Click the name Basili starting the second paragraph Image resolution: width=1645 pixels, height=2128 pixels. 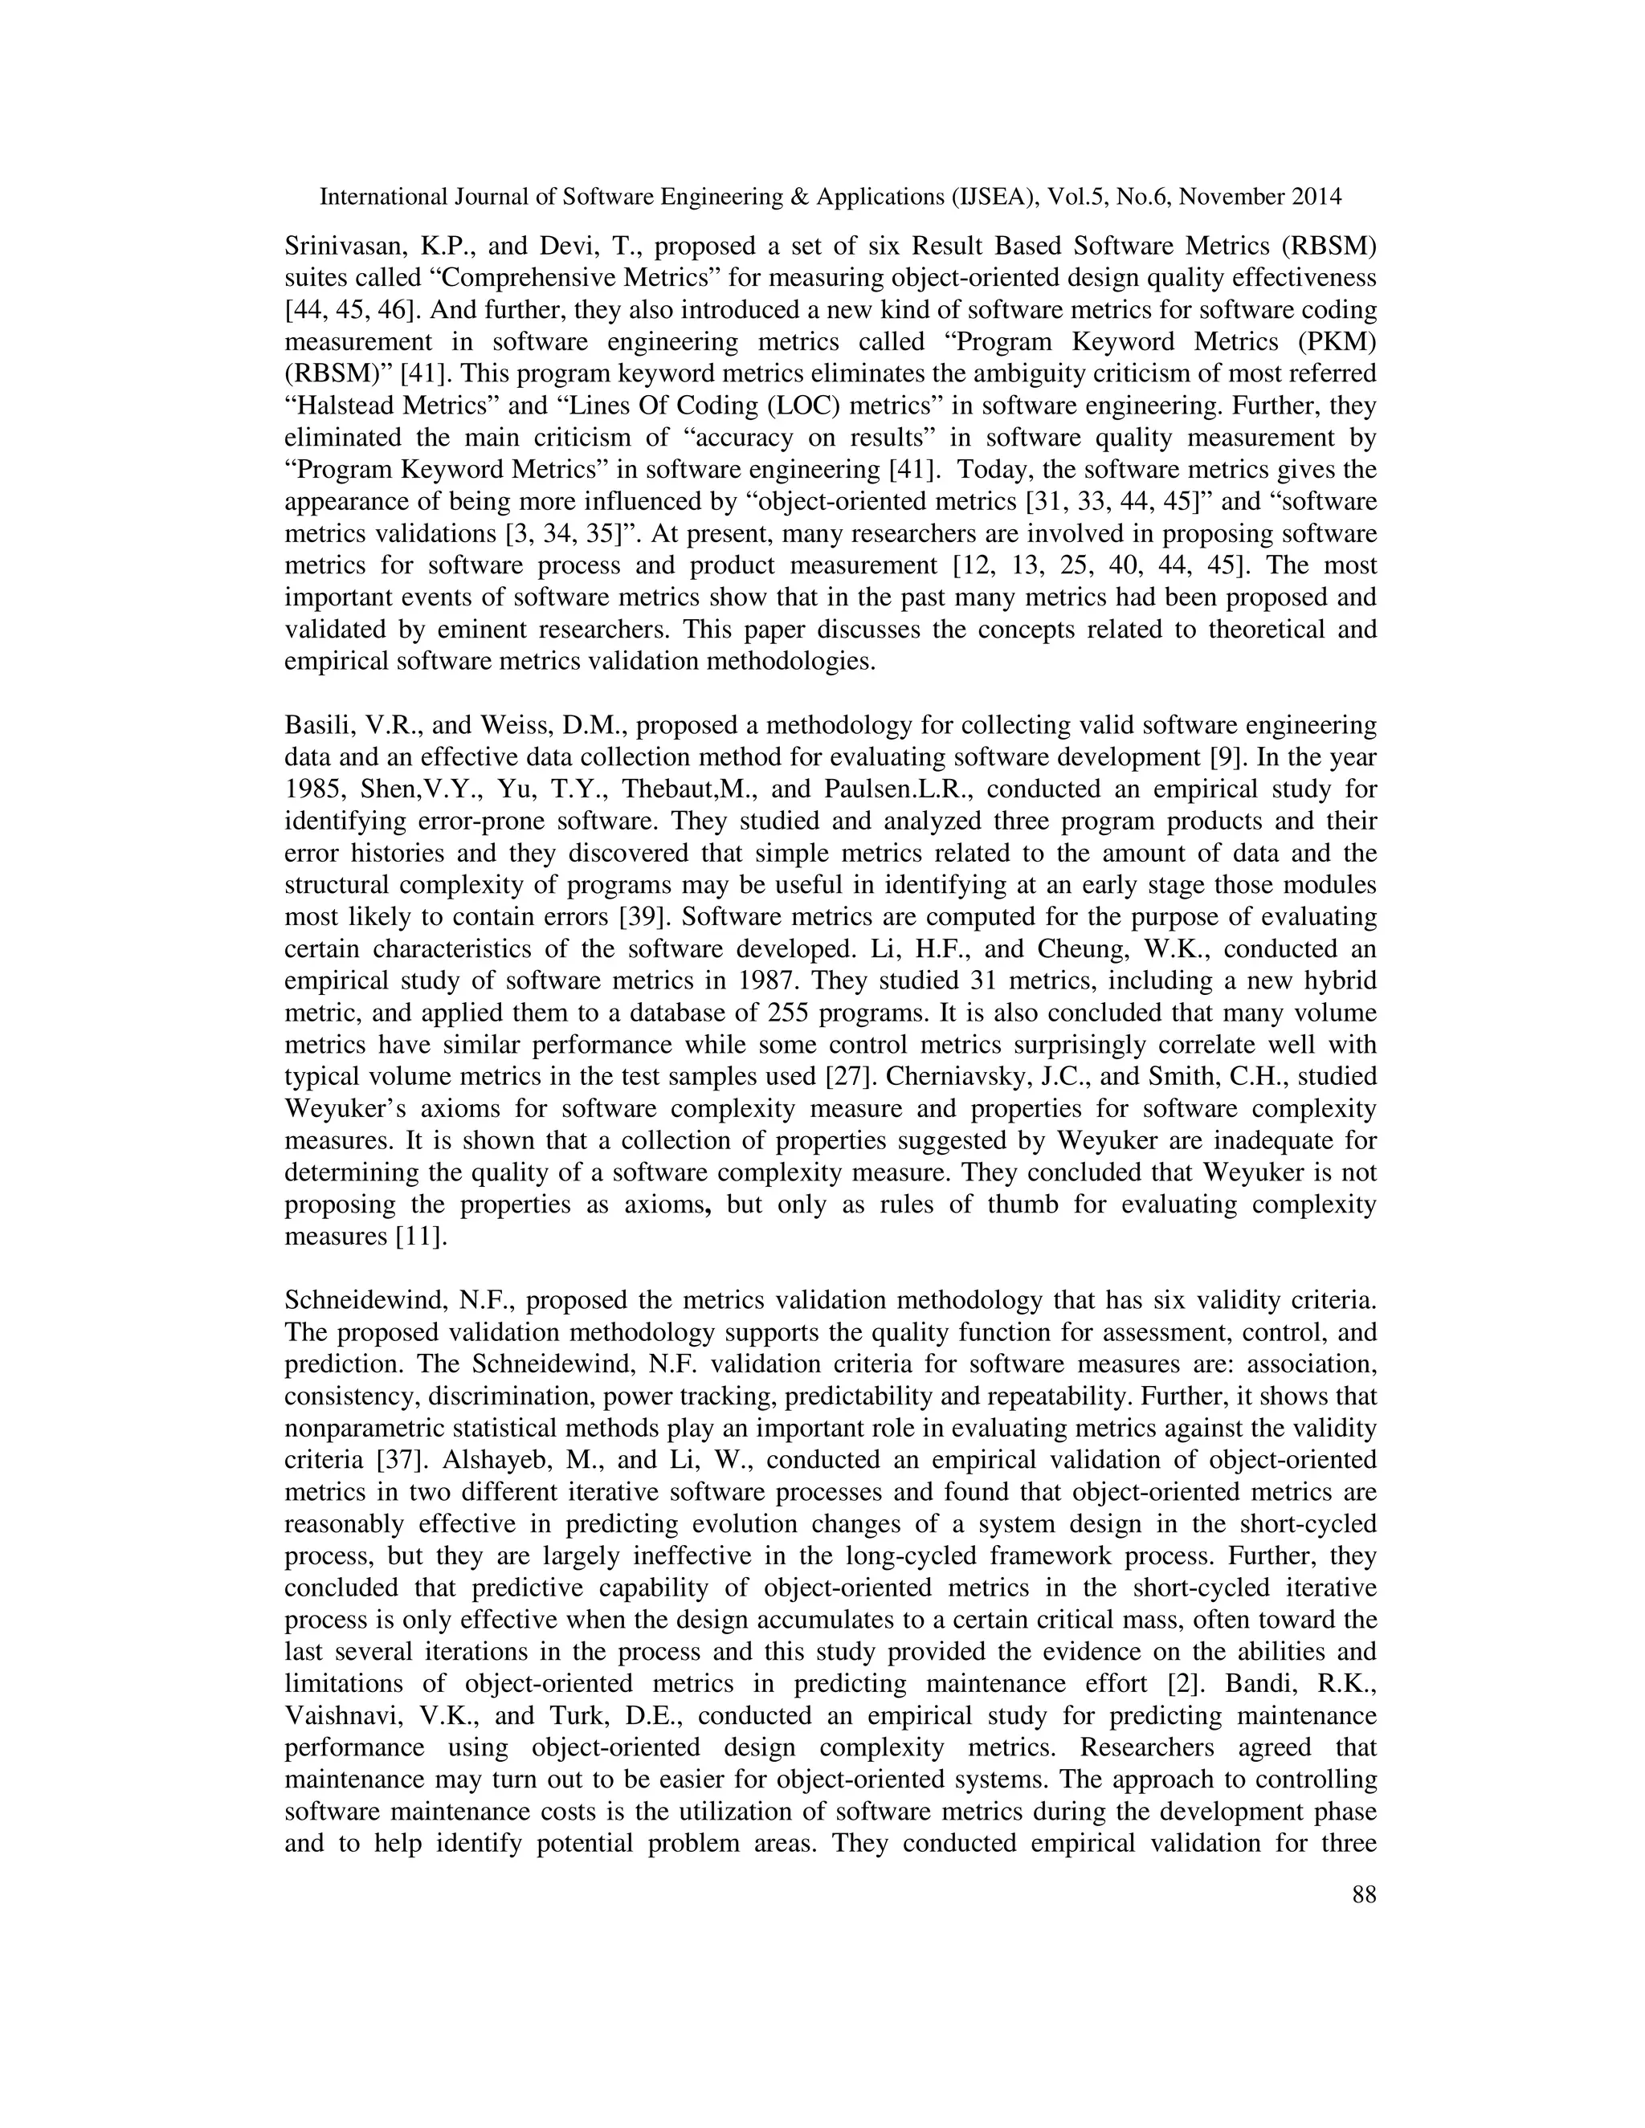[315, 725]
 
